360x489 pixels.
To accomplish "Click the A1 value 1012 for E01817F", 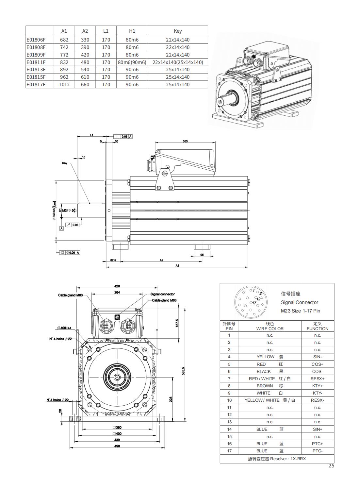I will point(64,84).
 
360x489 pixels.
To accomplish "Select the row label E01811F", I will point(36,62).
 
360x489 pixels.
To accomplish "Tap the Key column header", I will point(178,31).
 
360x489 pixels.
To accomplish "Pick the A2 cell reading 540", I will point(85,70).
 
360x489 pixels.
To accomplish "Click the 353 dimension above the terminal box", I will point(185,141).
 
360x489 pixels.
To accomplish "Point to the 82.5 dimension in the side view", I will point(113,260).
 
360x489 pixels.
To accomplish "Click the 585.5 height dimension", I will point(183,371).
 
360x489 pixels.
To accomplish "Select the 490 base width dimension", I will point(117,446).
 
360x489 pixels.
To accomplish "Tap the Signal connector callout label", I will point(163,294).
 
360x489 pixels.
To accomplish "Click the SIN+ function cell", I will point(317,429).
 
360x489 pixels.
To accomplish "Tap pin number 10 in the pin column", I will point(229,400).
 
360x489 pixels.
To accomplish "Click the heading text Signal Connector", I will point(299,302).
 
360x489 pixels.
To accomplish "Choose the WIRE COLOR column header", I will point(270,329).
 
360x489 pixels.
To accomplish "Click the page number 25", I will point(331,466).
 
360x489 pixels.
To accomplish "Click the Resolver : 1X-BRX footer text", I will point(277,459).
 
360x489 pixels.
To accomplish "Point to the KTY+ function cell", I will point(317,386).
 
